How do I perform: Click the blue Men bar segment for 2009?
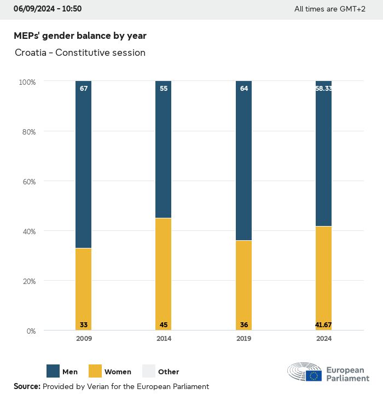tap(84, 164)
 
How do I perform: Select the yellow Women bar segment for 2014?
tap(164, 274)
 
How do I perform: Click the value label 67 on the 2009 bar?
tap(84, 88)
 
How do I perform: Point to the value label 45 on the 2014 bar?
tap(164, 325)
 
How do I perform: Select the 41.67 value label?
tap(323, 325)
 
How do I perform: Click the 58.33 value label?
tap(323, 88)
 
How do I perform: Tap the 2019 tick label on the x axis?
tap(244, 339)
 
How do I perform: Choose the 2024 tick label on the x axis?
tap(323, 339)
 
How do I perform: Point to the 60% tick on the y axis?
tap(27, 181)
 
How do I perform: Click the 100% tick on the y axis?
tap(27, 82)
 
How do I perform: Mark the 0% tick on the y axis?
tap(31, 331)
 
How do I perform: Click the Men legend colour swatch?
tap(53, 372)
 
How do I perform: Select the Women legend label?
tap(118, 372)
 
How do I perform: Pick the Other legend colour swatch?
tap(149, 372)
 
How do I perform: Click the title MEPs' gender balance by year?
tap(80, 36)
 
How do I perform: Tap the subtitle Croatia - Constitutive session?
tap(80, 53)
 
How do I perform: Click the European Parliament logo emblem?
tap(305, 372)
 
